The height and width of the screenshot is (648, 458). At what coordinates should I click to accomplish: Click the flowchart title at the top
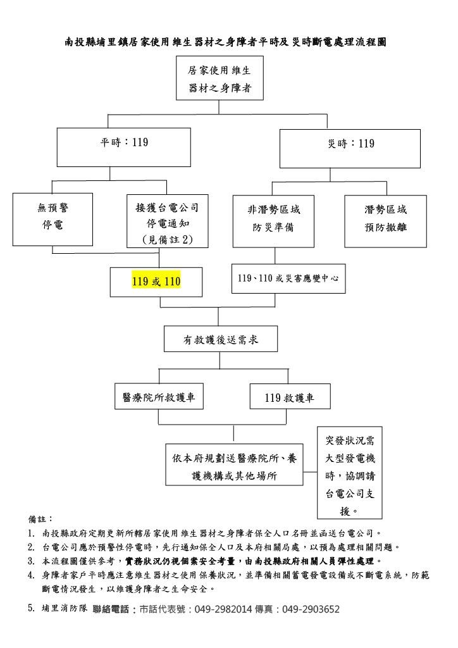(225, 42)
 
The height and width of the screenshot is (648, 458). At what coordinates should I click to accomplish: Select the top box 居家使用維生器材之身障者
(220, 78)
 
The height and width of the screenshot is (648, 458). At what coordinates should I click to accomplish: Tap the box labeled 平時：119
(124, 147)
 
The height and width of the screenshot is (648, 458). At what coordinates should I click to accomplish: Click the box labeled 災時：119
(350, 148)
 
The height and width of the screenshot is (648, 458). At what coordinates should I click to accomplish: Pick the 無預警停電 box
(53, 220)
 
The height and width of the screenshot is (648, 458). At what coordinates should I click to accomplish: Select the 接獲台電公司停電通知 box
(167, 221)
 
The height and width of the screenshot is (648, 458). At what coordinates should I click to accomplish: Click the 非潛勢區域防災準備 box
(273, 221)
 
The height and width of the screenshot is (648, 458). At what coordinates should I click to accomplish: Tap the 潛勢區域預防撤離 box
(386, 221)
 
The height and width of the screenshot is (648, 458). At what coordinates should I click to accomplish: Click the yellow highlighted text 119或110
(156, 282)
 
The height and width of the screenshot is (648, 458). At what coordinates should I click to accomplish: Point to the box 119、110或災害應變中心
(288, 278)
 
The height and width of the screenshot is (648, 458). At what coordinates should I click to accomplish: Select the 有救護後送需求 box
(221, 339)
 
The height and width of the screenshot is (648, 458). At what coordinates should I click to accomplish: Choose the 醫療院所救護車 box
(159, 397)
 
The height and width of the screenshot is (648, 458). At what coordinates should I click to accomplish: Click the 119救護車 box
(290, 397)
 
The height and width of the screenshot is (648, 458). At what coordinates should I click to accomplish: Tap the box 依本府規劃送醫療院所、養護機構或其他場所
(234, 464)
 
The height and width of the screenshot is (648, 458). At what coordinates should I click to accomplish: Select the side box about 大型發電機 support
(350, 473)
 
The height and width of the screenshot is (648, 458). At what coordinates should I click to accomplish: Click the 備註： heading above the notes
(40, 519)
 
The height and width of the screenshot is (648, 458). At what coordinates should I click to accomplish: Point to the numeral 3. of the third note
(32, 561)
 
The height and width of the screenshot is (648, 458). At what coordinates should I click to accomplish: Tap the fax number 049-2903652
(311, 609)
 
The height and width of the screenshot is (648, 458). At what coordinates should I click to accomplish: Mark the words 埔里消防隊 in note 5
(65, 608)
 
